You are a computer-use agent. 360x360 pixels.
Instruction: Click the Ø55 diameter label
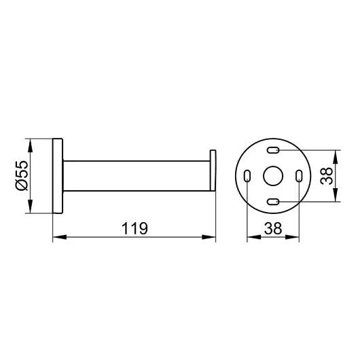[x=22, y=176]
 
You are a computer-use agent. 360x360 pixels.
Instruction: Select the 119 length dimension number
[x=134, y=228]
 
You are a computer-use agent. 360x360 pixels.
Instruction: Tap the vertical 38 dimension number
[x=326, y=176]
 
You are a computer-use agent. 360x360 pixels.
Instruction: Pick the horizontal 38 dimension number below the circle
[x=273, y=228]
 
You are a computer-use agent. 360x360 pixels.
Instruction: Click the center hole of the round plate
[x=273, y=176]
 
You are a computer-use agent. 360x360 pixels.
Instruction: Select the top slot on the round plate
[x=273, y=150]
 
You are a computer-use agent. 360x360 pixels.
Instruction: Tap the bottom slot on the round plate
[x=273, y=202]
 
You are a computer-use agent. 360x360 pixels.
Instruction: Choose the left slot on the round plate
[x=247, y=176]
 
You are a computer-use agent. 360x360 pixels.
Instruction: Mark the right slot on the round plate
[x=299, y=176]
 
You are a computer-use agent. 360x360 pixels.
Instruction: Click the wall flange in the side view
[x=58, y=176]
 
